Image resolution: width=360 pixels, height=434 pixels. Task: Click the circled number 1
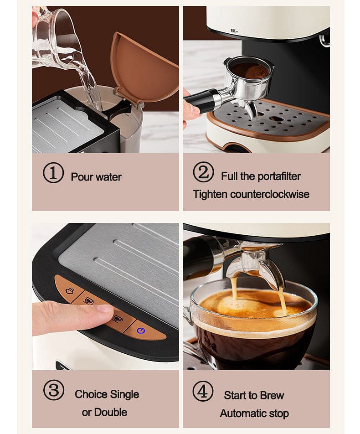tap(53, 173)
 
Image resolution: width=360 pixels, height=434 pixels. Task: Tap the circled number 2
tap(203, 172)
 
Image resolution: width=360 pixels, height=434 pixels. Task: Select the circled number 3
tap(54, 390)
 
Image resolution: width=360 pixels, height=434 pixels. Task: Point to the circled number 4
tap(203, 391)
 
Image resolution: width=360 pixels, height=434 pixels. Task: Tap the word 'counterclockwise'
tap(270, 194)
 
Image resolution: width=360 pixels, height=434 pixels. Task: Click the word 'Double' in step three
tap(111, 412)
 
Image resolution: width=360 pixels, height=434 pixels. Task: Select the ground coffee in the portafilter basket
tap(250, 70)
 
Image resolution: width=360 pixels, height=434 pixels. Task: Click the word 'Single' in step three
tap(124, 395)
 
